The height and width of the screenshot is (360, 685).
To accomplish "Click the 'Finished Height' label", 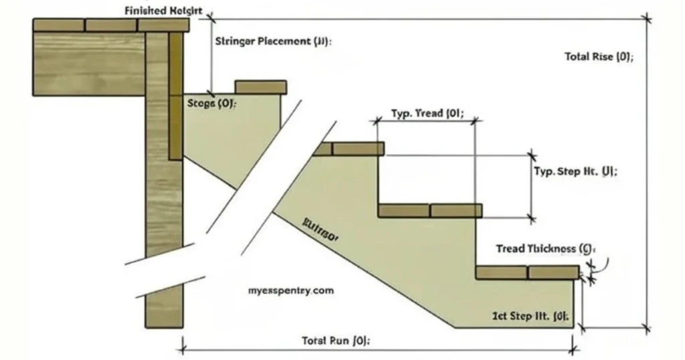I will (163, 11).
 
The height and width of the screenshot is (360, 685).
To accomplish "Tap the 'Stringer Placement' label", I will (273, 41).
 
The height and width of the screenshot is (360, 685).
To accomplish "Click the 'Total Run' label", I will (336, 340).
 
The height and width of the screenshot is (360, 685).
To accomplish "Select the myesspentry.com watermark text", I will (290, 291).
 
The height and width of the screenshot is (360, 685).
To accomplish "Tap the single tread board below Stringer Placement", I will (260, 87).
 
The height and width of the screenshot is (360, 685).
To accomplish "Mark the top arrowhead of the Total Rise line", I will (646, 18).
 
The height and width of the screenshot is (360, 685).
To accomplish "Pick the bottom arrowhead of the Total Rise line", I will (646, 328).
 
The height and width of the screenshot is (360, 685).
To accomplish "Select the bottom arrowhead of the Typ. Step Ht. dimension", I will (532, 217).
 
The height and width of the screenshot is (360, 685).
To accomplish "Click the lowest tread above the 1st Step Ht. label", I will (527, 272).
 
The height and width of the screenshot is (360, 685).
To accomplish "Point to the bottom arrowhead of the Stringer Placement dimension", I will (211, 93).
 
